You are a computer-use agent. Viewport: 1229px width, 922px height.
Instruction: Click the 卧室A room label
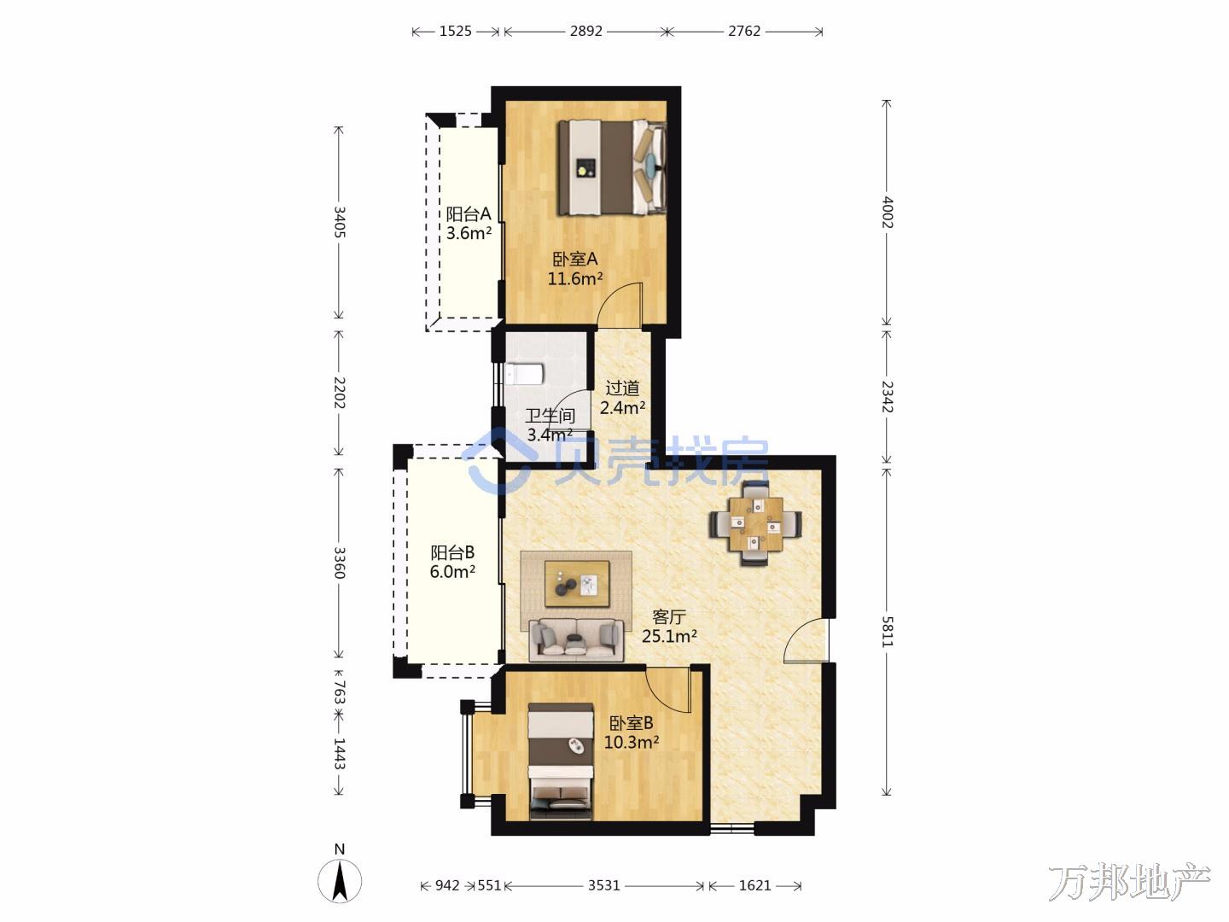coord(575,260)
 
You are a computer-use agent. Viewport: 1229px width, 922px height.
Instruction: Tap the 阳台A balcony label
coord(469,213)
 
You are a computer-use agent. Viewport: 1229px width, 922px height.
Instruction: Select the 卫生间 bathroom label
coord(550,416)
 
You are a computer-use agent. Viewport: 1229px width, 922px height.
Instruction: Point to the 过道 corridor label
coord(622,388)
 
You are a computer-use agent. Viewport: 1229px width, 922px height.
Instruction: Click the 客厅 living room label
coord(669,617)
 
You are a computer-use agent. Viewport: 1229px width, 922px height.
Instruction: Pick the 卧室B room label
coord(631,723)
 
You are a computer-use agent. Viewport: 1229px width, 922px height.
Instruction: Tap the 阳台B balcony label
coord(452,552)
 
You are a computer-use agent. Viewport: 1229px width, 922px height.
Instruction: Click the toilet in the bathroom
coord(524,374)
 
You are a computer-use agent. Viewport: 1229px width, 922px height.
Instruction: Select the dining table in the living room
coord(756,524)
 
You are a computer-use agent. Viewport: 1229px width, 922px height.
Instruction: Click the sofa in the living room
coord(576,639)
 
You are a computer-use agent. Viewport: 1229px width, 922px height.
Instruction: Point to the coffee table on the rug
coord(577,583)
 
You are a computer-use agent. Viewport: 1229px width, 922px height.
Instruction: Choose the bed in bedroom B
coord(561,762)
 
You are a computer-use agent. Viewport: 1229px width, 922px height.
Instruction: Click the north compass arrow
coord(340,879)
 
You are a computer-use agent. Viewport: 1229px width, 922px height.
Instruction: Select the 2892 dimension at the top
coord(585,31)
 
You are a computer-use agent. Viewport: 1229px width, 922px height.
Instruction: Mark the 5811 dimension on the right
coord(887,632)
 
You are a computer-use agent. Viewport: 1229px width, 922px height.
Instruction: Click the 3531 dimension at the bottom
coord(603,885)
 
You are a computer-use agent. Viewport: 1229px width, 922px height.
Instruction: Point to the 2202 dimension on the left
coord(340,393)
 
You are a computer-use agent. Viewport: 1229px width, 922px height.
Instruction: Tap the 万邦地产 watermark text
coord(1129,881)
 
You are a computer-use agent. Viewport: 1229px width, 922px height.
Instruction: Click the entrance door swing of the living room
coord(806,640)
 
